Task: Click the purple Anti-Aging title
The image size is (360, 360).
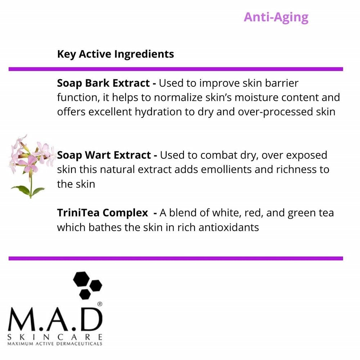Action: click(276, 17)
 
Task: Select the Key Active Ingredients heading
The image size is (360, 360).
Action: click(115, 54)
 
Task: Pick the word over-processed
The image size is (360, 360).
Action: click(276, 112)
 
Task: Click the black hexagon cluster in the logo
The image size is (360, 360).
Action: click(87, 284)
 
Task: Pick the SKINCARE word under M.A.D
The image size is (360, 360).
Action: click(55, 337)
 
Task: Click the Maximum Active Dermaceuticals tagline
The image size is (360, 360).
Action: click(55, 344)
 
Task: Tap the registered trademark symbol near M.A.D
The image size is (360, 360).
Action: click(99, 304)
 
